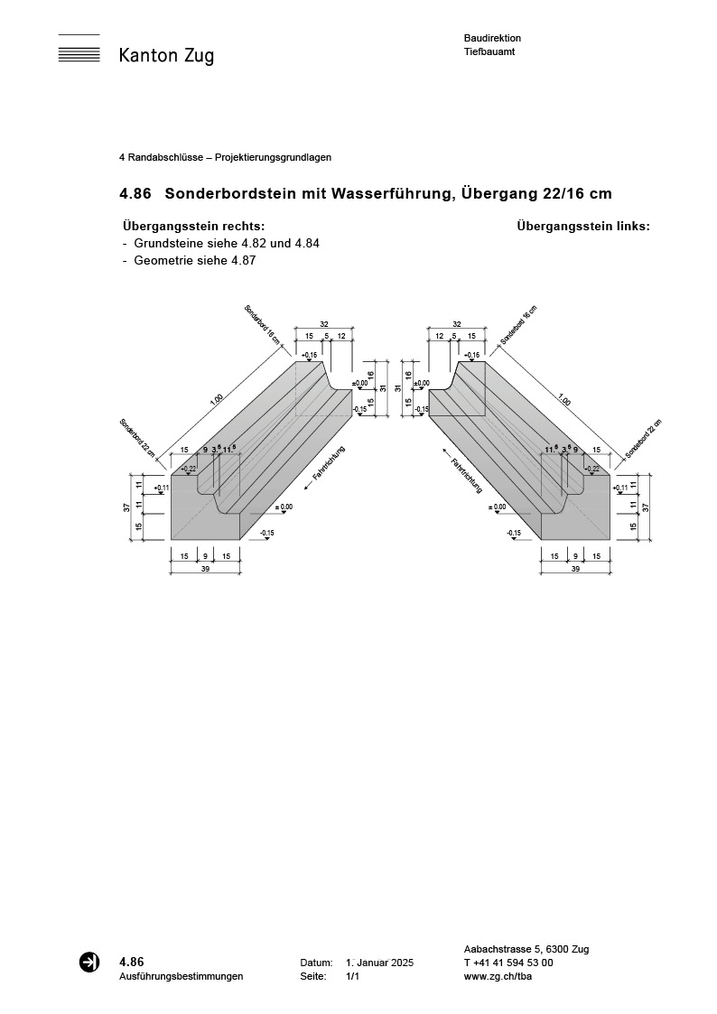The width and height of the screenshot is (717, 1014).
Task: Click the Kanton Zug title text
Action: click(x=166, y=56)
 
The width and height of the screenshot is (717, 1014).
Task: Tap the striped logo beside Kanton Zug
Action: click(x=79, y=51)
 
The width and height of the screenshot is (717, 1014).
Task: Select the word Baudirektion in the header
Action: click(x=492, y=38)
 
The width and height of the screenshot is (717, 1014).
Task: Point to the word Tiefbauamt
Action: click(x=489, y=52)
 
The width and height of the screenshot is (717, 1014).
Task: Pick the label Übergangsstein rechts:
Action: click(x=193, y=227)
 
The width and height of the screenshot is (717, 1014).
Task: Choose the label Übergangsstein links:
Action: click(x=583, y=227)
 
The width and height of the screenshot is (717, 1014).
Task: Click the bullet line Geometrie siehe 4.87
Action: click(x=195, y=261)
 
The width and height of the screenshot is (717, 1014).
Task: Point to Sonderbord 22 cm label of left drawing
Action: click(x=137, y=437)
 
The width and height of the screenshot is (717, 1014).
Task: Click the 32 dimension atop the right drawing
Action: click(x=457, y=324)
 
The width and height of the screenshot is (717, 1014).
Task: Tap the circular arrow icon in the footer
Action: click(x=89, y=962)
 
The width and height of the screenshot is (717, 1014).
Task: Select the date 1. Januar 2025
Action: click(x=379, y=963)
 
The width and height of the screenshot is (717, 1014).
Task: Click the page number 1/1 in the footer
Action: click(x=353, y=977)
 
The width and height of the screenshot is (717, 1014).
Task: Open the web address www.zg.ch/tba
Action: click(x=496, y=977)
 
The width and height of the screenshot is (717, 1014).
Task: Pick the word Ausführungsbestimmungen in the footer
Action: click(x=181, y=977)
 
